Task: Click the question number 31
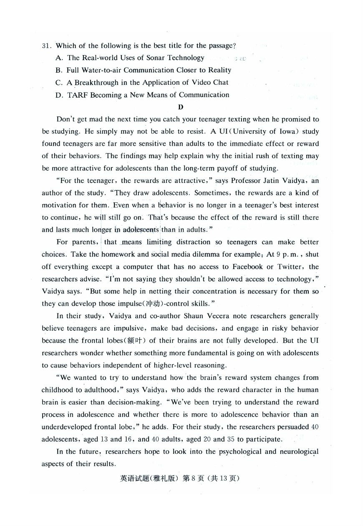point(46,46)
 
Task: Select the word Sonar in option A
point(156,58)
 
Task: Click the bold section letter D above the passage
point(181,107)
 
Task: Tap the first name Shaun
point(193,316)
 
